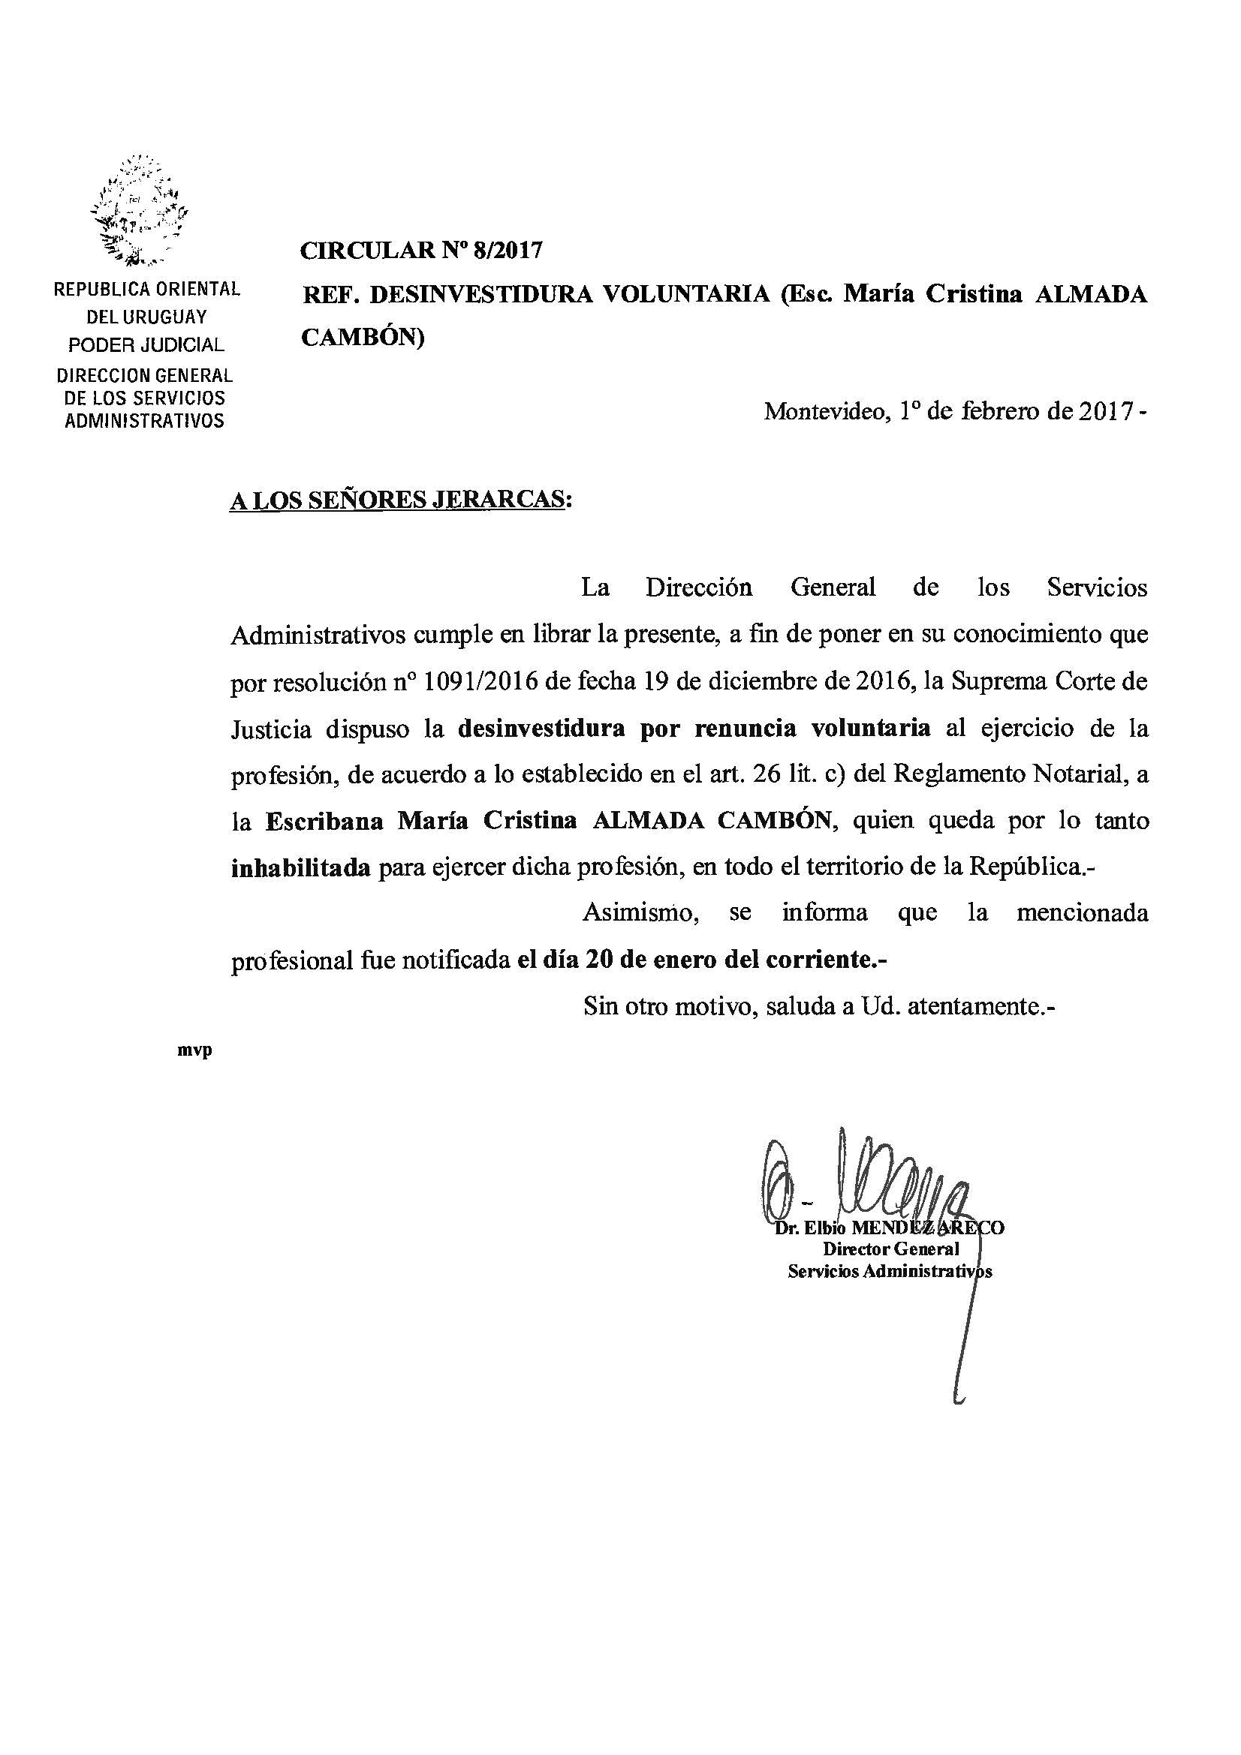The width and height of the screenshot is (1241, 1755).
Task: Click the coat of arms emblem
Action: [140, 210]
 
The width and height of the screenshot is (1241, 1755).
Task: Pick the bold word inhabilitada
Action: [300, 867]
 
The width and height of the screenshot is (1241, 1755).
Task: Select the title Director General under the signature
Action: [891, 1249]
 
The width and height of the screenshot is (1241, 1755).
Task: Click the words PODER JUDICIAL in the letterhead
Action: [146, 344]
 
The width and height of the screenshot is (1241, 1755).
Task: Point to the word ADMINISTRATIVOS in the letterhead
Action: [144, 420]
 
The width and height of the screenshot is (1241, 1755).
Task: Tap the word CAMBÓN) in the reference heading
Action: [363, 337]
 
